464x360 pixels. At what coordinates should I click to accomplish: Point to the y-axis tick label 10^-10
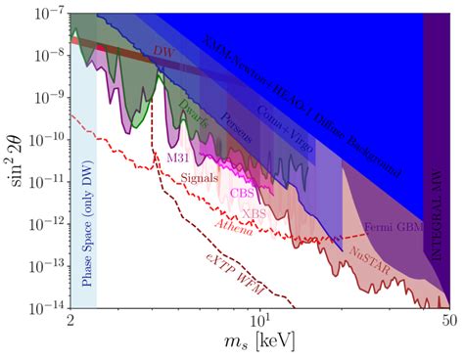coord(45,142)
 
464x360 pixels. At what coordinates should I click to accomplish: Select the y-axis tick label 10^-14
coord(45,308)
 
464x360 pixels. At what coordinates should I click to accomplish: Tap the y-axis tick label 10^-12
coord(45,225)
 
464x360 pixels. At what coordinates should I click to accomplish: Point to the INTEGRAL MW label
coord(435,210)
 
